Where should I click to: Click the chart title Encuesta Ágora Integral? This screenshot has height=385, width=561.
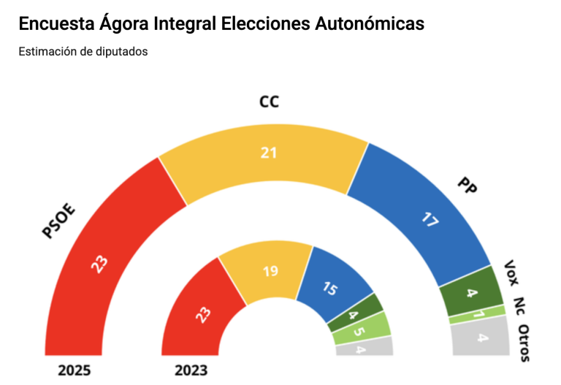click(x=221, y=24)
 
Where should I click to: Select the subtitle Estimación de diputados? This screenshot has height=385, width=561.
click(x=83, y=52)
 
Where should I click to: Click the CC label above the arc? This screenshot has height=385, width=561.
click(x=270, y=101)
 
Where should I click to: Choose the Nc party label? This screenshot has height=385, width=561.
click(x=519, y=305)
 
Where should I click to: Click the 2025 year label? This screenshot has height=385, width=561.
click(x=75, y=370)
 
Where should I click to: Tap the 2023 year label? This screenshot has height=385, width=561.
click(x=191, y=370)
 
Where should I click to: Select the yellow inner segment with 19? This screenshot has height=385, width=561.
click(x=269, y=270)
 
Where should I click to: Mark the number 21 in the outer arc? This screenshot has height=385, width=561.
click(x=268, y=152)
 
